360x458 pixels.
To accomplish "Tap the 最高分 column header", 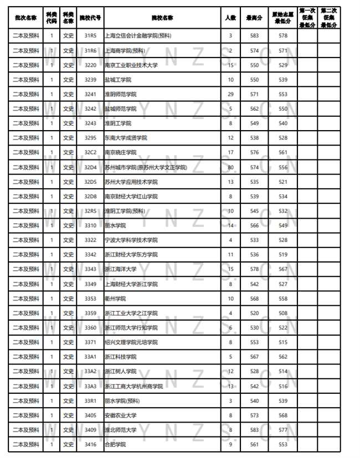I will coord(254,18).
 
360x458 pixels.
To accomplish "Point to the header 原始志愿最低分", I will coord(283,18).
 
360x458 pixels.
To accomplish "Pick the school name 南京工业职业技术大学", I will coord(131,65).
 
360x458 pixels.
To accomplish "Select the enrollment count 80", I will coord(230,167).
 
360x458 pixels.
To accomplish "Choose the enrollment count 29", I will coord(230,94).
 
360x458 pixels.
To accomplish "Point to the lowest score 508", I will coord(283,313).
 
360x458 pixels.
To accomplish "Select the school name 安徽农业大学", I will coord(120,415).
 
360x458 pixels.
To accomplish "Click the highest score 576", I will coord(254,152).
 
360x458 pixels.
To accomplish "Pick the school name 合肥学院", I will coord(115,445).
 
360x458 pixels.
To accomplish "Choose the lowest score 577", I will coord(283,430).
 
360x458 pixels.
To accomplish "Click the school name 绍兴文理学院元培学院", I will coord(131,342).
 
